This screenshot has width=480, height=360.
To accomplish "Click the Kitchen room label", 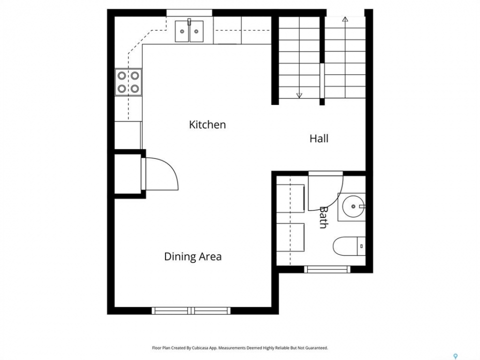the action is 207,124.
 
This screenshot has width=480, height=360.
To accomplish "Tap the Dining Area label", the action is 193,256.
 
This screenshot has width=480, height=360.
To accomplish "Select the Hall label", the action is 319,138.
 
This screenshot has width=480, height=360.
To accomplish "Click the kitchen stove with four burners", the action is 128,82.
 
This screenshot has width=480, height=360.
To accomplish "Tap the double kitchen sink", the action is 189,31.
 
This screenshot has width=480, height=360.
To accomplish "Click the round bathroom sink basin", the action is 353,206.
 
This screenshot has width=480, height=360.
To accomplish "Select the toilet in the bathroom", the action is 349,246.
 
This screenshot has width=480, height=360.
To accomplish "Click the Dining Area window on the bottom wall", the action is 191,310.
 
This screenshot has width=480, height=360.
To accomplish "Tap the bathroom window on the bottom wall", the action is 327,269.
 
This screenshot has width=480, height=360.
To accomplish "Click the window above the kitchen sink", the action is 189,12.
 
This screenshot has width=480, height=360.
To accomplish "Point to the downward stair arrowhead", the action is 299,95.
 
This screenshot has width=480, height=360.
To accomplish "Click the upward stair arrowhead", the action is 345,19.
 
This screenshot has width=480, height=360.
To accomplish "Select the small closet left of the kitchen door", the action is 127,174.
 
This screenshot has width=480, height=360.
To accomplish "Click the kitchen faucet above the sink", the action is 189,22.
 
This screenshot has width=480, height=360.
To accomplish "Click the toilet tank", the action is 361,246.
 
